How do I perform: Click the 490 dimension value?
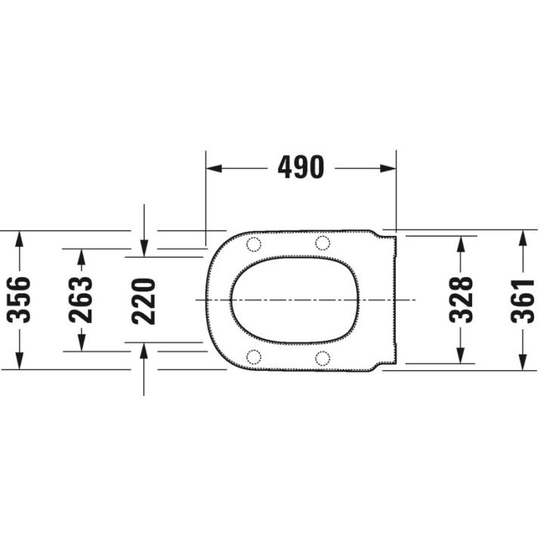pos(301,168)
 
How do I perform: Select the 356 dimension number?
pos(20,300)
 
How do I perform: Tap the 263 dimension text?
pos(82,300)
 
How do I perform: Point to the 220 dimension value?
pos(144,300)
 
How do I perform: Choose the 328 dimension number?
pos(460,300)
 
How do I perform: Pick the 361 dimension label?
pos(522,300)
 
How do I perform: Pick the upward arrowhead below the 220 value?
pos(144,351)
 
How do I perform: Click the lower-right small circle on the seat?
pos(323,357)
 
